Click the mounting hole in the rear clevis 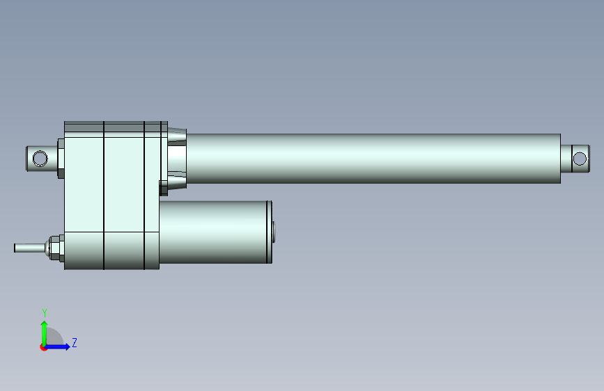(40, 159)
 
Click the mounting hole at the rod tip (580, 159)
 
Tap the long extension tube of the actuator (373, 159)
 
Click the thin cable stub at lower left (29, 248)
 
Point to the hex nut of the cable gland (56, 248)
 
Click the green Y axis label (45, 313)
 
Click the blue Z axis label (75, 342)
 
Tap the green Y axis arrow (45, 334)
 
